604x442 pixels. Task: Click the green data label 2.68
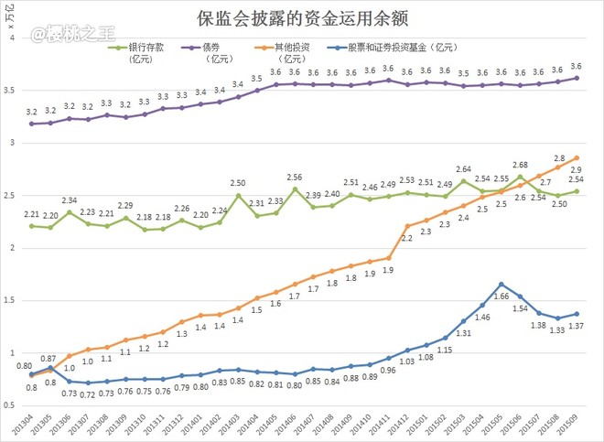coord(520,165)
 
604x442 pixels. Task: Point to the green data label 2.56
coord(295,178)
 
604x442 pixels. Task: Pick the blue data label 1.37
coord(576,327)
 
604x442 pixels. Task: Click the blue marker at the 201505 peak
coord(502,285)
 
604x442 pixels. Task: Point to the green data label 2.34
coord(69,200)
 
